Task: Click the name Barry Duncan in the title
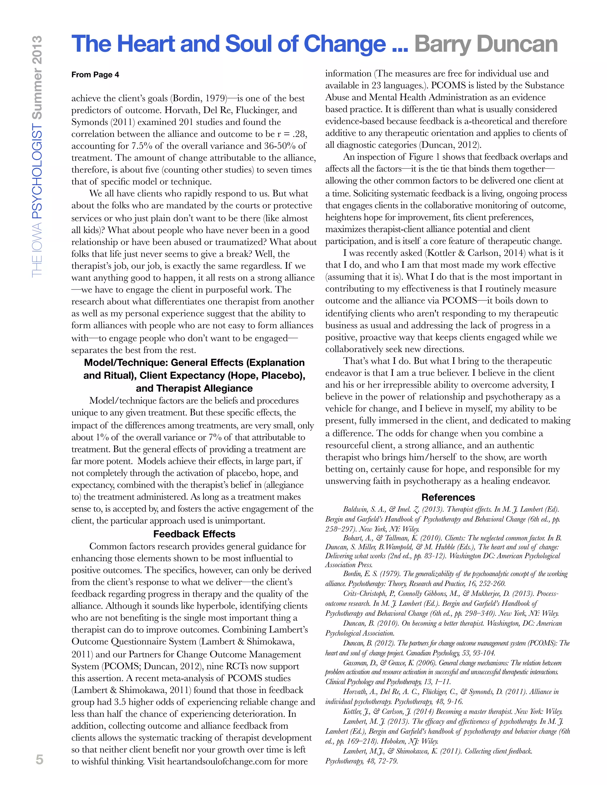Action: click(485, 44)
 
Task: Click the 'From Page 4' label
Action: click(95, 75)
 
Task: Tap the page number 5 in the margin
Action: click(39, 759)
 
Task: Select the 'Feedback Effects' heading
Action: click(194, 534)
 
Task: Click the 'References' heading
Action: click(448, 497)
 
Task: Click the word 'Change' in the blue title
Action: click(344, 44)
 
